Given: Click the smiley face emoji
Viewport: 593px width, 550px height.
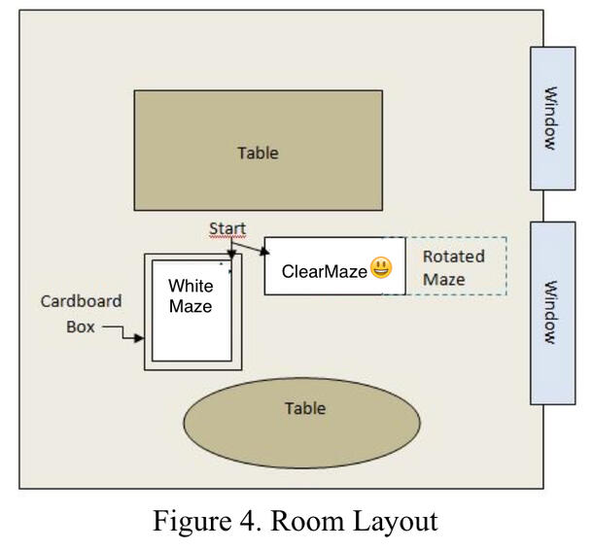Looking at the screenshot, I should pyautogui.click(x=380, y=269).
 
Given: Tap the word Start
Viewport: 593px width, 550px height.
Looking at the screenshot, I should pyautogui.click(x=227, y=229).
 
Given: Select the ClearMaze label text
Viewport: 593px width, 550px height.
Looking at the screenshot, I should pyautogui.click(x=325, y=271).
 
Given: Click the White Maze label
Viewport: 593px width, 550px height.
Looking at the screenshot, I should pyautogui.click(x=191, y=295).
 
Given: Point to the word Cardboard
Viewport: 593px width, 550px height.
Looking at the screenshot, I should pyautogui.click(x=81, y=301).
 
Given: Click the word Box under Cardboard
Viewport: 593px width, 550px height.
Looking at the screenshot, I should pyautogui.click(x=82, y=327).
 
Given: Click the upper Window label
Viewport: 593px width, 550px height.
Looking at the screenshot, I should pyautogui.click(x=550, y=119).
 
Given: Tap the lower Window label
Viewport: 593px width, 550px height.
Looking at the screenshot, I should pyautogui.click(x=550, y=313).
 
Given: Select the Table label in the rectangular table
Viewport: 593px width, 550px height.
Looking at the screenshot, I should pyautogui.click(x=258, y=153).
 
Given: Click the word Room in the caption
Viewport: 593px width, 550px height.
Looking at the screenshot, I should pyautogui.click(x=303, y=522).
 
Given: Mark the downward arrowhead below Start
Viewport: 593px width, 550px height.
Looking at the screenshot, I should pyautogui.click(x=229, y=258).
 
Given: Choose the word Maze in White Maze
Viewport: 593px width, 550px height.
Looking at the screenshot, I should pyautogui.click(x=191, y=306).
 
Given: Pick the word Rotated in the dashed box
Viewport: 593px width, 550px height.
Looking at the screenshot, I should pyautogui.click(x=453, y=257).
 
